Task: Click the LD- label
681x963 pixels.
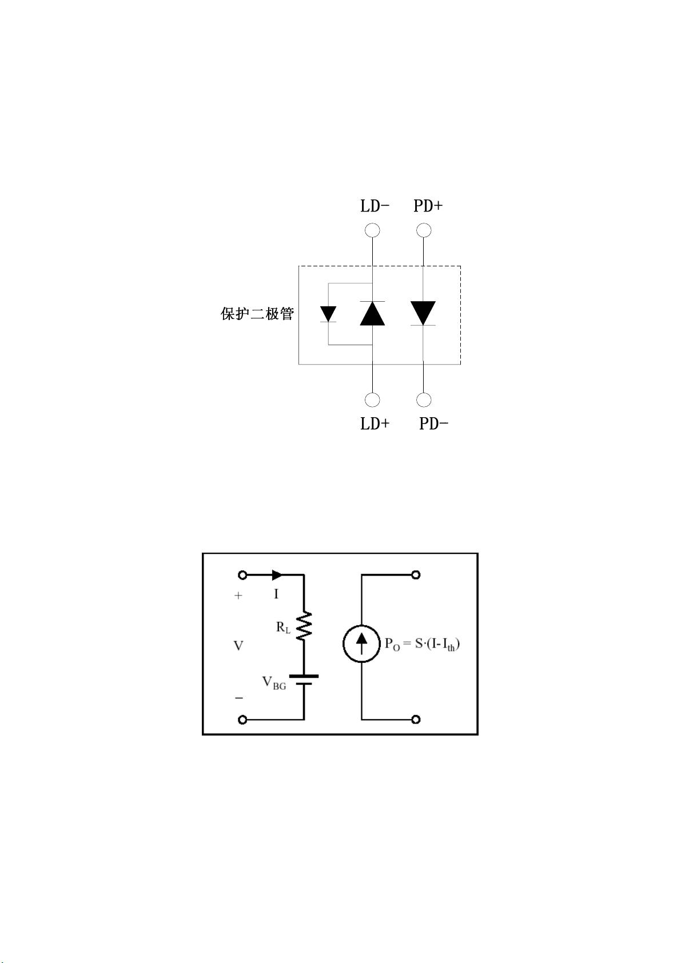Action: point(375,206)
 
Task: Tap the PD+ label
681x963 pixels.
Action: point(428,206)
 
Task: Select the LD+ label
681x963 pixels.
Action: point(375,424)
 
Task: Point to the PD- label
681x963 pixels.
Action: point(433,424)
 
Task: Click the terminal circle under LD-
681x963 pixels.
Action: point(373,230)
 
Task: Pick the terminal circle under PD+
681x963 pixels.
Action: point(424,230)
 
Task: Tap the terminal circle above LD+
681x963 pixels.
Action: point(373,400)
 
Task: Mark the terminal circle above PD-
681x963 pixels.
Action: point(424,400)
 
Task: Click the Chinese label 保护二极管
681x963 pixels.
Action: point(257,313)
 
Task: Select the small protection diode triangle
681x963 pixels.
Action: point(328,313)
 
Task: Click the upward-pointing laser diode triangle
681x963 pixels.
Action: point(373,313)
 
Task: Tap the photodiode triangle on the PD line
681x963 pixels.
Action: point(423,313)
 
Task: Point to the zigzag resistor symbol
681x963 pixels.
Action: point(304,625)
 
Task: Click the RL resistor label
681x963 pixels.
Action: point(283,628)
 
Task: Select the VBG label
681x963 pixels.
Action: point(274,683)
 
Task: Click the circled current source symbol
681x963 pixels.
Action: point(362,644)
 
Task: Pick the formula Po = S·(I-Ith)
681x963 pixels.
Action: point(422,645)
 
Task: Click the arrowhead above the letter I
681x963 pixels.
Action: point(277,575)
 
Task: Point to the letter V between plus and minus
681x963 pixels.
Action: point(238,645)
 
